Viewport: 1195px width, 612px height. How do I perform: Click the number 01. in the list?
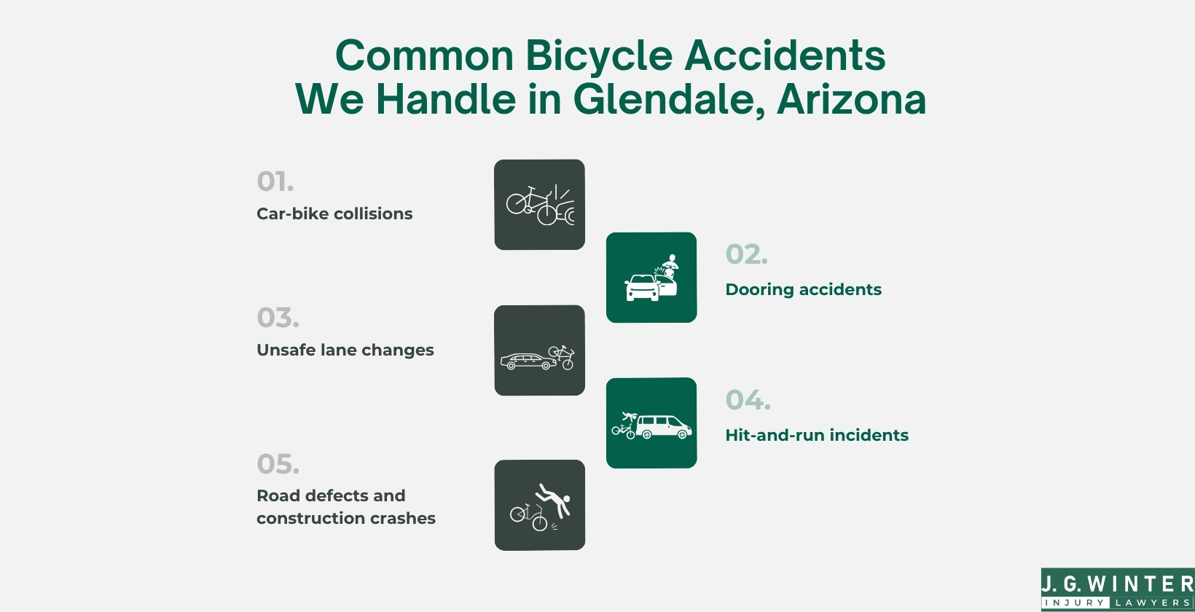coord(275,181)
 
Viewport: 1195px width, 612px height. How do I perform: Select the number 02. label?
coord(746,254)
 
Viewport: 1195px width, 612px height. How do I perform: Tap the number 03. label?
coord(278,318)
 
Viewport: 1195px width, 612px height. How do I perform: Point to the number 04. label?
coord(748,400)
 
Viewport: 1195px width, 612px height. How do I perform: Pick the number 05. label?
coord(278,464)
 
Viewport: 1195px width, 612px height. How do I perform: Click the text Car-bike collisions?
coord(334,213)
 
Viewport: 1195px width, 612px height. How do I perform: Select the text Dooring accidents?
coord(803,289)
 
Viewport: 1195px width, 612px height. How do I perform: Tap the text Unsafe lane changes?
coord(345,350)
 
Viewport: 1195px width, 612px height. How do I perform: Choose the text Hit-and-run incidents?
coord(816,435)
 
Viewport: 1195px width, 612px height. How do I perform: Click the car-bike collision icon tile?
coord(539,205)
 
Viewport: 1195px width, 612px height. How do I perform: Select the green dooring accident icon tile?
coord(651,278)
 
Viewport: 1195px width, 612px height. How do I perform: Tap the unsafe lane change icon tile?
coord(539,350)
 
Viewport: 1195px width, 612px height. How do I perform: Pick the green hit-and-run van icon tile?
coord(651,423)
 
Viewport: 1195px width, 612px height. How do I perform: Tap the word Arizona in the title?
coord(851,99)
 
